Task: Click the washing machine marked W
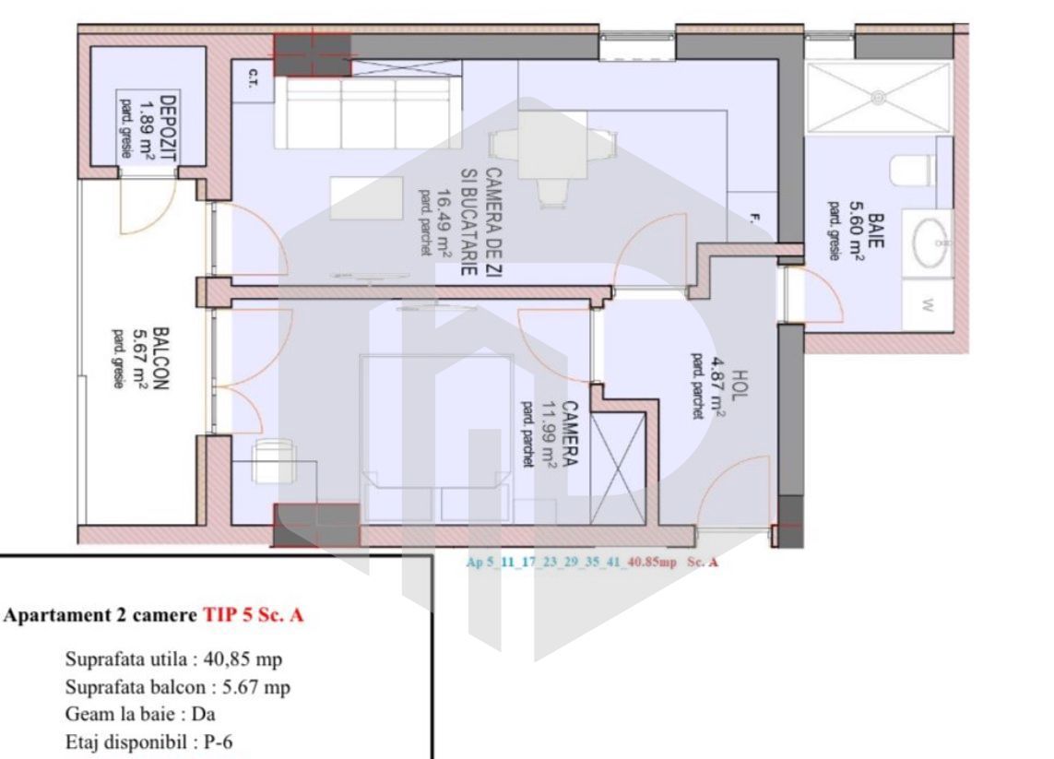[926, 305]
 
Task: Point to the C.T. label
[252, 79]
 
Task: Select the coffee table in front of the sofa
[366, 197]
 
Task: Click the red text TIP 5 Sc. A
[253, 617]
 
